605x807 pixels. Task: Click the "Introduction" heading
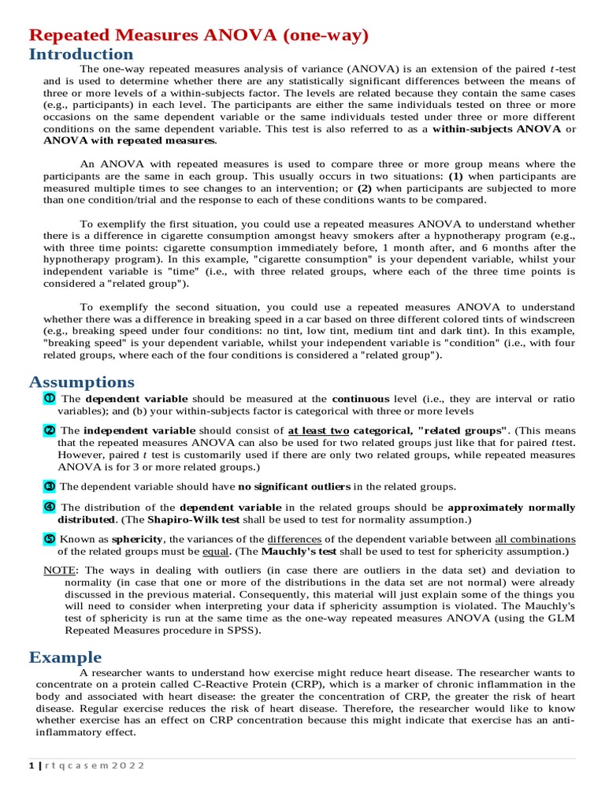pos(81,54)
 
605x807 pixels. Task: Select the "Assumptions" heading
pos(82,382)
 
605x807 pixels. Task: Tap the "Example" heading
pos(65,657)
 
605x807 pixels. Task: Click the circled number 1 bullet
pos(50,398)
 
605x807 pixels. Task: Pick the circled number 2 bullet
pos(50,430)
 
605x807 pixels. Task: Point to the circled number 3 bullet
pos(50,486)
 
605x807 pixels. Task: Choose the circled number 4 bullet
pos(50,507)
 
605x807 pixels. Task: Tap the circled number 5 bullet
pos(50,538)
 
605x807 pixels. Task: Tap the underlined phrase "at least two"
pos(318,431)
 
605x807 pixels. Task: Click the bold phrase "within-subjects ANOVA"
pos(496,128)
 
